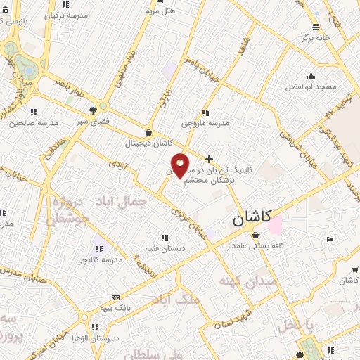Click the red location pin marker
pyautogui.click(x=180, y=165)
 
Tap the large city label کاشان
pyautogui.click(x=252, y=219)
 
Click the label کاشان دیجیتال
pyautogui.click(x=148, y=143)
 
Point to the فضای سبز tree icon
pyautogui.click(x=93, y=110)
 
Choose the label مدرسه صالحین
pyautogui.click(x=31, y=122)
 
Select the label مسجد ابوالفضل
pyautogui.click(x=311, y=86)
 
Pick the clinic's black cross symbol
pyautogui.click(x=209, y=159)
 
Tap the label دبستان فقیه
pyautogui.click(x=165, y=248)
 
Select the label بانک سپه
pyautogui.click(x=115, y=307)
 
